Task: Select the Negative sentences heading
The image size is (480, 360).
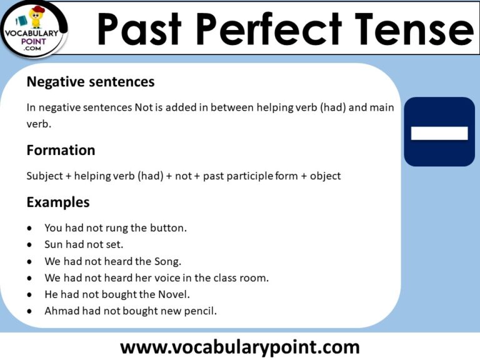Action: [90, 82]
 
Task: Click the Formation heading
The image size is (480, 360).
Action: [61, 151]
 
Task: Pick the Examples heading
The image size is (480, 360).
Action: [57, 202]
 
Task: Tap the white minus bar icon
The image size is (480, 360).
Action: [439, 133]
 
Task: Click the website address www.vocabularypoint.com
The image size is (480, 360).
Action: [239, 346]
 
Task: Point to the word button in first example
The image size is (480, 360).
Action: [169, 228]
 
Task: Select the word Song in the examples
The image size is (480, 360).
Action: [167, 261]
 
